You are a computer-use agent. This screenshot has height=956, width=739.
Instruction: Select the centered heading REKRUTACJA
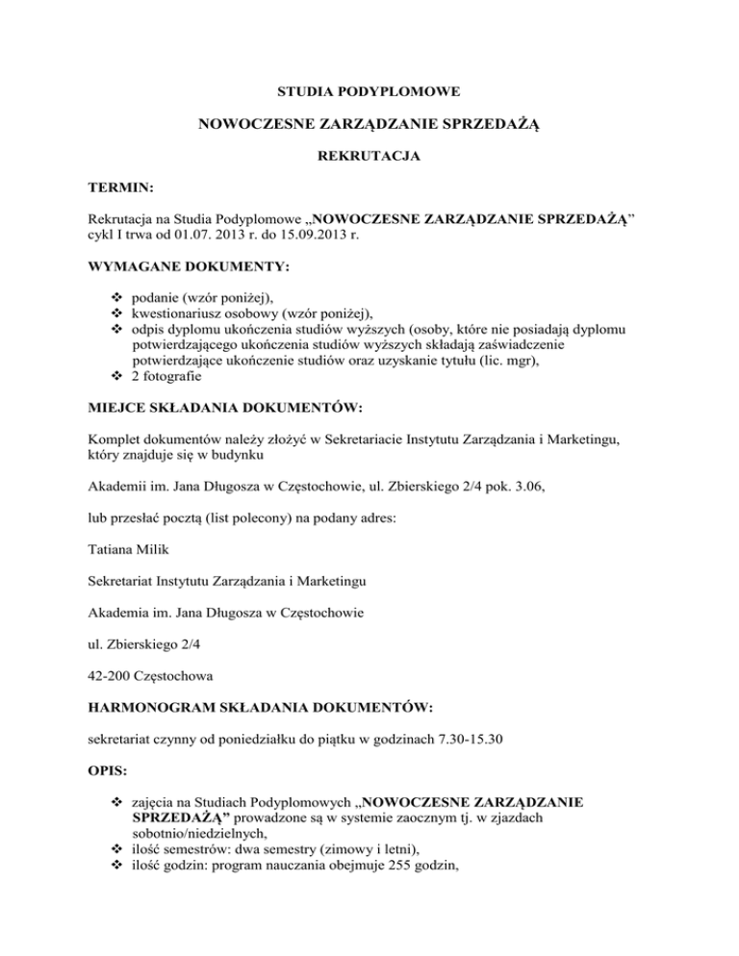pos(369,156)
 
